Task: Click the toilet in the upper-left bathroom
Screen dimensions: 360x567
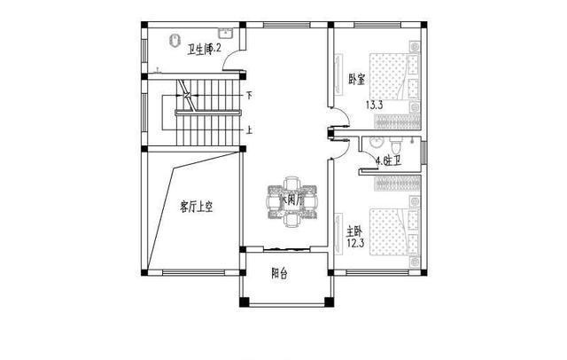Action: (175, 40)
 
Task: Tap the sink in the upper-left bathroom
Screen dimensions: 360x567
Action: (225, 35)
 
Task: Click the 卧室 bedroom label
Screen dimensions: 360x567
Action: (357, 80)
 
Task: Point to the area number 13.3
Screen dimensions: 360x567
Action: (375, 105)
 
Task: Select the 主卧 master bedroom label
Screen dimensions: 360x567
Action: (353, 230)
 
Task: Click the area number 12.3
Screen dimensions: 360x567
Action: (354, 243)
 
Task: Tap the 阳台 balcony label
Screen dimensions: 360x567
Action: (280, 274)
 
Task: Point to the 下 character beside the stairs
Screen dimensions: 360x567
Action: (249, 95)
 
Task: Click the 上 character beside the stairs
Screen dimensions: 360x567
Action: (249, 130)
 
